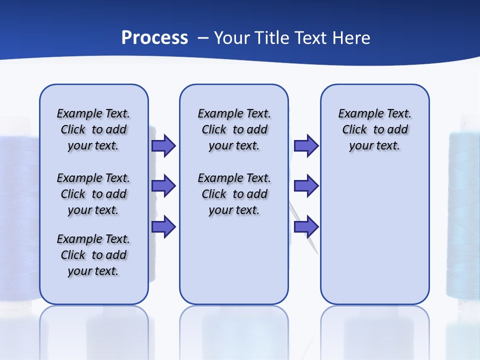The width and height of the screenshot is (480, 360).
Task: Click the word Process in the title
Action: (x=154, y=37)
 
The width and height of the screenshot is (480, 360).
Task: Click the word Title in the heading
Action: (x=272, y=37)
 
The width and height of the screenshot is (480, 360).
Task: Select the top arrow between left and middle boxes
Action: (x=163, y=145)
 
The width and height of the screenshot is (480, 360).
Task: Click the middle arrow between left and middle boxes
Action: (x=163, y=186)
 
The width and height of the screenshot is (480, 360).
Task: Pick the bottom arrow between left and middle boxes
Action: (x=163, y=227)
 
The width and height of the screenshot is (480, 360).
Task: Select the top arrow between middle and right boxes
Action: (x=306, y=145)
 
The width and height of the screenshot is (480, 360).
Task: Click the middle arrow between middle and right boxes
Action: (x=306, y=186)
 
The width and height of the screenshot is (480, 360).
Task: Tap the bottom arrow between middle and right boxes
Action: (x=306, y=227)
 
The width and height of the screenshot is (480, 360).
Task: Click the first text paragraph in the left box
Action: (x=93, y=129)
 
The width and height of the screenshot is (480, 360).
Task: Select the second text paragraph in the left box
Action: (x=93, y=194)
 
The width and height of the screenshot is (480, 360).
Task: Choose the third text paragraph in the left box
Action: (x=93, y=255)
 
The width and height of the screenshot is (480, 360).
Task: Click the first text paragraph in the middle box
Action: (x=234, y=129)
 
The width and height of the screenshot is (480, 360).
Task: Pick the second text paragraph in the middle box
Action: (x=234, y=194)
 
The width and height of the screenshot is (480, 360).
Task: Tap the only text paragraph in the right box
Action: (x=374, y=129)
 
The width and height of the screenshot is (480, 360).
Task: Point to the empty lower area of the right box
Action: (x=374, y=240)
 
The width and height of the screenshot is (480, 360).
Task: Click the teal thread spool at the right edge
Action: (x=463, y=215)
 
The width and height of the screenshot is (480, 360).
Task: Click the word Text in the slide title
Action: (x=310, y=37)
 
